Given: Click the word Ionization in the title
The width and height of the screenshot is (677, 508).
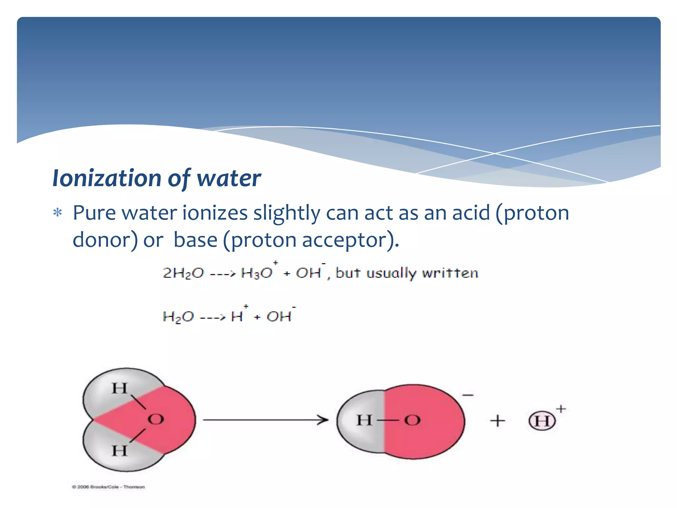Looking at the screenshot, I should click(x=107, y=178).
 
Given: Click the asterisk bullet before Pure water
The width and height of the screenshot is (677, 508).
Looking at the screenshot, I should click(x=58, y=213).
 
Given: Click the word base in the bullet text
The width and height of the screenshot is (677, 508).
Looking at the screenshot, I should click(x=195, y=239).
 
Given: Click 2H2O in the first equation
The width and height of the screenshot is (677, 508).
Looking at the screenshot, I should click(x=183, y=274).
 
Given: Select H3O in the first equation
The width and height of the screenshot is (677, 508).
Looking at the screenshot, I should click(x=257, y=273).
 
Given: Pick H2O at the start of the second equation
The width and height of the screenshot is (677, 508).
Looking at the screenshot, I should click(x=178, y=317).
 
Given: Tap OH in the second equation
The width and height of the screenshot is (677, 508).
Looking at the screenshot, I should click(x=279, y=317).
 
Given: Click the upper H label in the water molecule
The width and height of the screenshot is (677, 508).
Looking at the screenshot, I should click(x=119, y=388).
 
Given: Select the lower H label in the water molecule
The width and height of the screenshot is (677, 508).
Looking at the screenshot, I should click(x=119, y=451).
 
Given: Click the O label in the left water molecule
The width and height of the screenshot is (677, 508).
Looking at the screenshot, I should click(x=156, y=419).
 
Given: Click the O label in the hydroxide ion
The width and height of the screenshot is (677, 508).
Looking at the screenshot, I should click(x=412, y=421).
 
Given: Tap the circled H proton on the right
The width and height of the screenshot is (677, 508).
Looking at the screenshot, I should click(x=542, y=421).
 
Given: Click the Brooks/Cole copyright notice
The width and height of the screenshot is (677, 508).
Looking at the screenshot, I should click(x=108, y=487).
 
